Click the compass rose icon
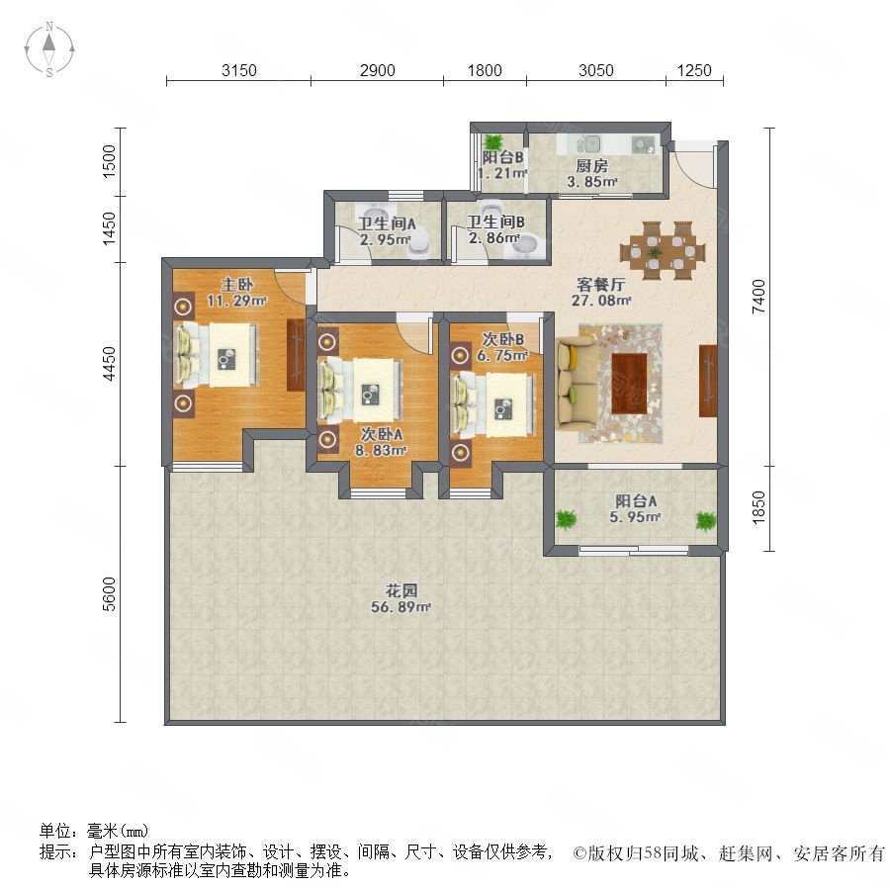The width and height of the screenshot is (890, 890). (49, 49)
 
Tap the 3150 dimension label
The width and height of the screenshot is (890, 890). (239, 70)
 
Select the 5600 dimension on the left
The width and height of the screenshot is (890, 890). (109, 593)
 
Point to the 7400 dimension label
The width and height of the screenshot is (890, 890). (758, 297)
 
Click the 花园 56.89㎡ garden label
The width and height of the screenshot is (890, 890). (401, 599)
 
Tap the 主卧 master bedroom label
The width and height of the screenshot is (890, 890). (236, 285)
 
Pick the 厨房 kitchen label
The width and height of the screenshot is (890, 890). (591, 166)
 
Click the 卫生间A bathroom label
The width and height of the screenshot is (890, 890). (387, 223)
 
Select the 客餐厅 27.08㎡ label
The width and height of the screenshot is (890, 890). (601, 292)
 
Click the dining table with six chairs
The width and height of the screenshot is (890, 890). (663, 250)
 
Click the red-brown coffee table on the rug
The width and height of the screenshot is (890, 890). (630, 383)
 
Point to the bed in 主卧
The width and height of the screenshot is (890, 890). (217, 355)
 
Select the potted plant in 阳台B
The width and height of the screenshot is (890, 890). (493, 141)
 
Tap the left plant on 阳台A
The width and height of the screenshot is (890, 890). (566, 519)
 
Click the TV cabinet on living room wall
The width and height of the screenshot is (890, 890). (708, 381)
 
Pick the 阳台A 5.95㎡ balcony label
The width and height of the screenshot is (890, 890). (636, 508)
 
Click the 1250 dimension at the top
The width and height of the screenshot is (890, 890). (694, 70)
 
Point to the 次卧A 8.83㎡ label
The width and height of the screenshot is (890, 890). (382, 442)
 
